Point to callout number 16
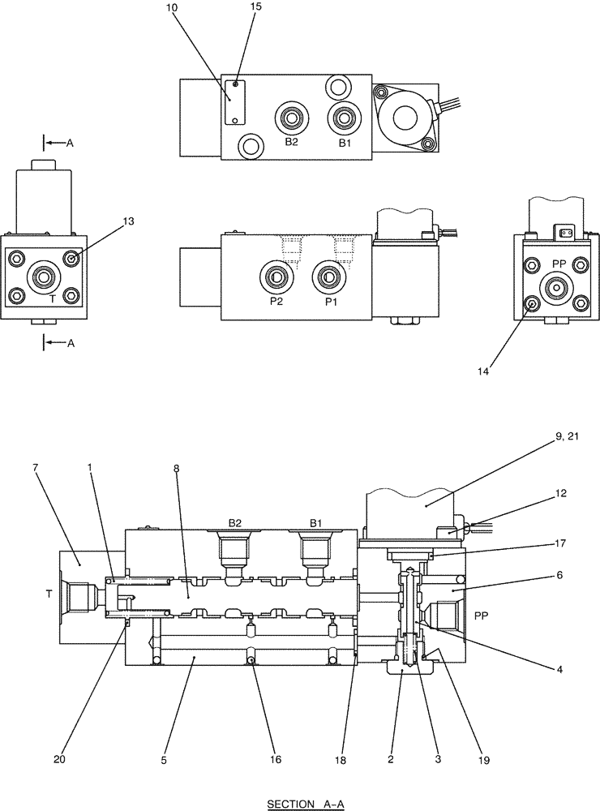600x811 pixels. (x=276, y=759)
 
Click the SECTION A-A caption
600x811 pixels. (x=307, y=804)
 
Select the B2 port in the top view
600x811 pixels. (x=290, y=119)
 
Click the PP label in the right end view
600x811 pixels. (x=558, y=264)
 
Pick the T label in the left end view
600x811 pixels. (x=30, y=298)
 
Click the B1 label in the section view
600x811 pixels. (x=315, y=523)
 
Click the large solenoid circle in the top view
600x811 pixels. (x=404, y=118)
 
